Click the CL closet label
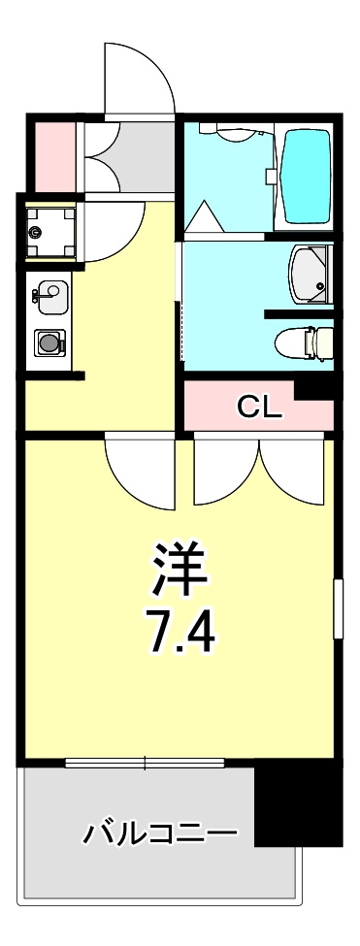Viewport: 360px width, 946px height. tap(259, 408)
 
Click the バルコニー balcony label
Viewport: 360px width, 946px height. tap(159, 834)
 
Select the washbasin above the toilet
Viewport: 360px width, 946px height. tap(311, 275)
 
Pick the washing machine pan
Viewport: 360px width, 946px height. tap(51, 232)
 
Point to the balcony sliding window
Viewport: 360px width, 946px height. tap(145, 762)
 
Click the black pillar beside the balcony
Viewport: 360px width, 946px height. tap(299, 800)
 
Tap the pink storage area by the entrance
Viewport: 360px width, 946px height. tap(53, 155)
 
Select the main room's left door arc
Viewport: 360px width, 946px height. tap(140, 473)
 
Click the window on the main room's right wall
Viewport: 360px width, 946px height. tap(339, 608)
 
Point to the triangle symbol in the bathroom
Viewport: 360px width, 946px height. tap(204, 215)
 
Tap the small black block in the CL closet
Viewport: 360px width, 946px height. tap(314, 390)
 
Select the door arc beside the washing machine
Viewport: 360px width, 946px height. tap(114, 232)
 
